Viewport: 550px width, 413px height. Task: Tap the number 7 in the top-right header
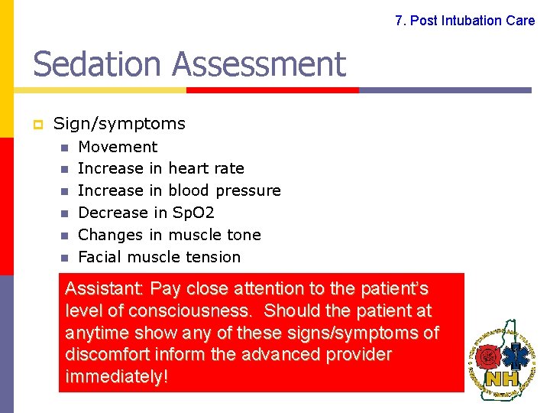pyautogui.click(x=399, y=21)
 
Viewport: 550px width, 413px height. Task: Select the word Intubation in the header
pyautogui.click(x=471, y=21)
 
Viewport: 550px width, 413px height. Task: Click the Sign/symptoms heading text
pyautogui.click(x=119, y=124)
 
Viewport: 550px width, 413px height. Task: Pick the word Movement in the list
pyautogui.click(x=118, y=147)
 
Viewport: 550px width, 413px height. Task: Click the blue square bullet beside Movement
pyautogui.click(x=65, y=148)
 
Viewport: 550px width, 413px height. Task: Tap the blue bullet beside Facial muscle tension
pyautogui.click(x=65, y=258)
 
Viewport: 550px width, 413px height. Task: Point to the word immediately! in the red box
pyautogui.click(x=116, y=377)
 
